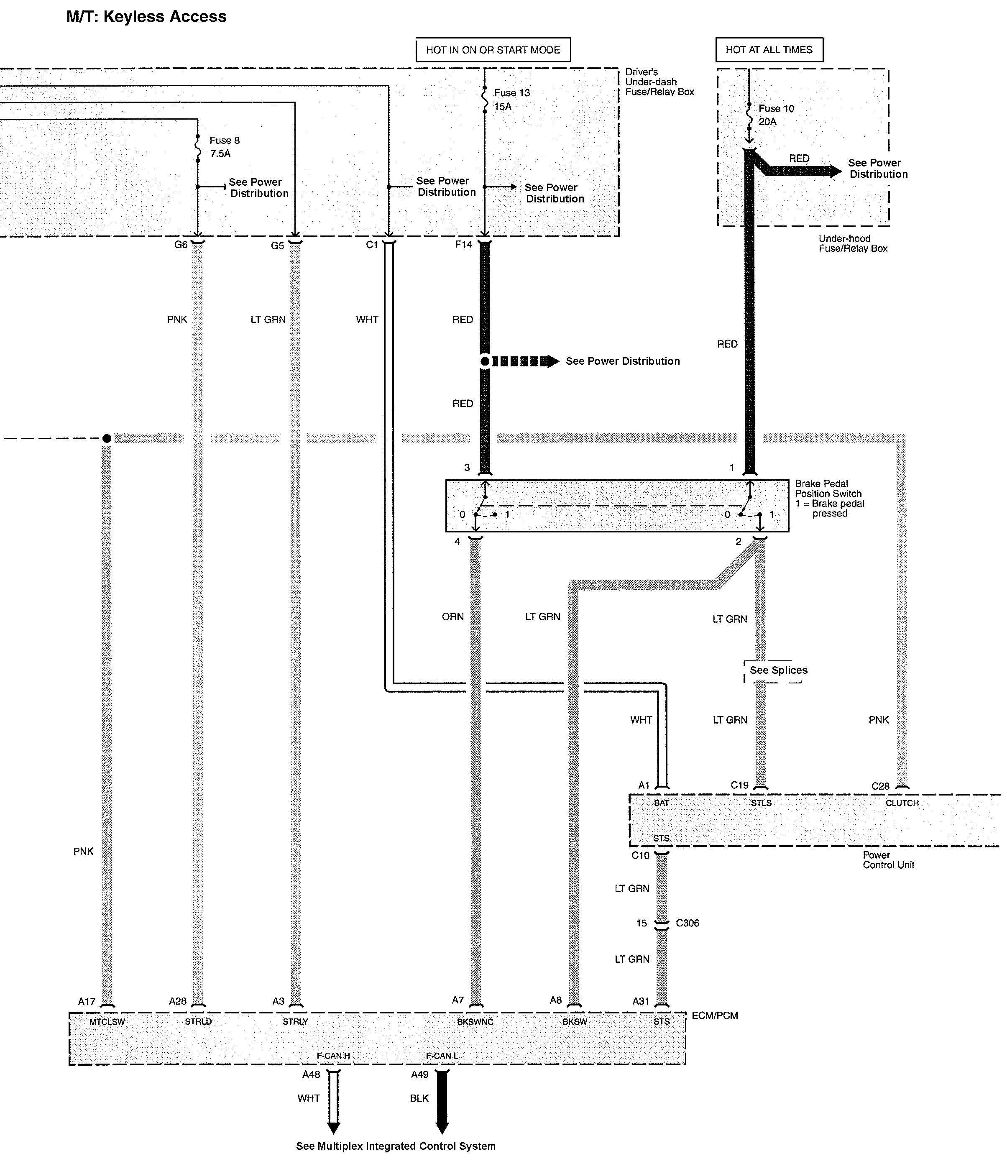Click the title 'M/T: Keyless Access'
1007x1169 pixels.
click(146, 17)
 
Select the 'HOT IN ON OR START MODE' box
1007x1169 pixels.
click(493, 50)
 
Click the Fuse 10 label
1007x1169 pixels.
click(776, 108)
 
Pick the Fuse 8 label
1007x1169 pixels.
click(225, 141)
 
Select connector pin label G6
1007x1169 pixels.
click(181, 245)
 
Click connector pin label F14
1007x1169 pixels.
click(463, 245)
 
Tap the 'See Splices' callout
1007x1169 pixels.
click(778, 670)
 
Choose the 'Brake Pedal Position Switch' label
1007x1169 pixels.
click(828, 489)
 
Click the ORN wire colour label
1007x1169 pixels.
click(452, 616)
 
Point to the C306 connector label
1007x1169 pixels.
click(687, 923)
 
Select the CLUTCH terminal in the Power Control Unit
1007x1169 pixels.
click(902, 803)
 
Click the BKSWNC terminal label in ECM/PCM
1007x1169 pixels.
click(475, 1022)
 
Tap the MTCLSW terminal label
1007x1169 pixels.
click(107, 1022)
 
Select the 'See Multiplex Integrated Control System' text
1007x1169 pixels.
click(396, 1146)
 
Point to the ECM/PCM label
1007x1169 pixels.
click(714, 1016)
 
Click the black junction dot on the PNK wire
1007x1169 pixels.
click(107, 438)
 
